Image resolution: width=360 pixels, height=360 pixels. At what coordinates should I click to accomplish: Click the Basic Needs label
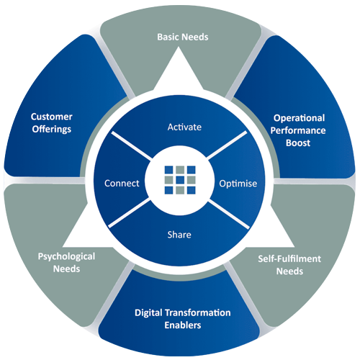[x=183, y=37]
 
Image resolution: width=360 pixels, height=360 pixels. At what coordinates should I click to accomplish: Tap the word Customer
[x=52, y=117]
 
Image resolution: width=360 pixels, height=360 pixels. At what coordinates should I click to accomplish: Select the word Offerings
[x=52, y=130]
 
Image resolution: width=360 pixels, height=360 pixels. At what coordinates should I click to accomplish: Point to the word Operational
[x=299, y=118]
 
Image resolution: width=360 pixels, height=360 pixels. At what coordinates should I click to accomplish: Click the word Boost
[x=298, y=143]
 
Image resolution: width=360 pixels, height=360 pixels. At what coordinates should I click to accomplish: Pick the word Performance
[x=298, y=130]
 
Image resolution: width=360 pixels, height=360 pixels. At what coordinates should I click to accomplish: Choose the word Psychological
[x=66, y=257]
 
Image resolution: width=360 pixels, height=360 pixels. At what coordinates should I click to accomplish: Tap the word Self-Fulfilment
[x=289, y=258]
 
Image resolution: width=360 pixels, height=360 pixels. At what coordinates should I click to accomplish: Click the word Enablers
[x=183, y=325]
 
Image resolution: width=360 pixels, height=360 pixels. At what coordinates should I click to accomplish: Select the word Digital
[x=148, y=313]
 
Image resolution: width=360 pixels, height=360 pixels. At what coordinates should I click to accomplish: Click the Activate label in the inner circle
[x=184, y=127]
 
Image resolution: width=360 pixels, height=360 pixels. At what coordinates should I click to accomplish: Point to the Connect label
[x=122, y=184]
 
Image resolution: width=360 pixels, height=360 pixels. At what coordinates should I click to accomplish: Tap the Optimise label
[x=238, y=184]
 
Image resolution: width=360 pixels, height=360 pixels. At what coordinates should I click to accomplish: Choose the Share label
[x=179, y=235]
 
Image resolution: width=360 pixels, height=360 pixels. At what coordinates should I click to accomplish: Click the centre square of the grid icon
[x=180, y=180]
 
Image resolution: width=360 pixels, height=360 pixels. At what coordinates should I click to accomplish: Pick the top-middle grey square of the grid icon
[x=180, y=169]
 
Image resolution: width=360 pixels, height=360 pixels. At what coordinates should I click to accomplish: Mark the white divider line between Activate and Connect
[x=132, y=145]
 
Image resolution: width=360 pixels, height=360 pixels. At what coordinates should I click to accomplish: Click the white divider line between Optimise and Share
[x=229, y=215]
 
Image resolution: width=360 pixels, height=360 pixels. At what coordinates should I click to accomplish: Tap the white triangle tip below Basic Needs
[x=179, y=47]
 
